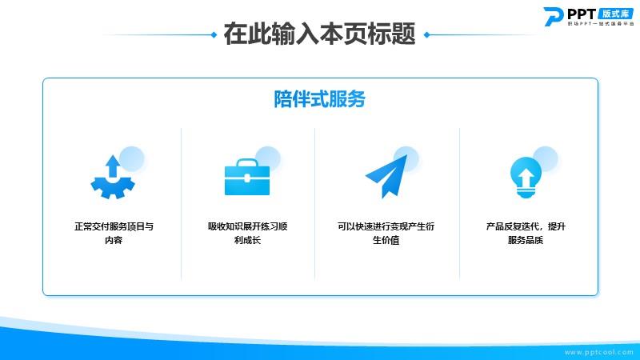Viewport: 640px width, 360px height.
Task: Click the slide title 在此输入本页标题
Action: click(319, 34)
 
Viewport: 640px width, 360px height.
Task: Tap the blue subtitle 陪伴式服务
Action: click(319, 99)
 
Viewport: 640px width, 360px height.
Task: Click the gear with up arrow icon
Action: click(113, 177)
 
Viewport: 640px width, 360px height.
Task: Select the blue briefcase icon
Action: click(247, 177)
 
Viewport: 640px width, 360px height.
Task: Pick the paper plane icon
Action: click(386, 176)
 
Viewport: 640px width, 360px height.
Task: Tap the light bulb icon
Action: click(526, 178)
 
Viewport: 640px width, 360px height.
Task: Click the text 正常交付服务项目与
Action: click(114, 226)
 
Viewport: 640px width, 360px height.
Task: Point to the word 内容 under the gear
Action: click(114, 240)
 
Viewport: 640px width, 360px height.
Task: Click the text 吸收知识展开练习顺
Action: click(248, 226)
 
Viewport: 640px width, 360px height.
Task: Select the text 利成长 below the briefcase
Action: click(247, 240)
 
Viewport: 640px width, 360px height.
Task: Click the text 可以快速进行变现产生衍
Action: click(386, 226)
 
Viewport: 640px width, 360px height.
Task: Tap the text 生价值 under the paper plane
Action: click(386, 240)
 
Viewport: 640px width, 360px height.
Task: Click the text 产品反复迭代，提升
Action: click(526, 226)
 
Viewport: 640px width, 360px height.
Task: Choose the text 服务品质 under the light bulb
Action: click(526, 240)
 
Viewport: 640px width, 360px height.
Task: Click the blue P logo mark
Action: click(554, 17)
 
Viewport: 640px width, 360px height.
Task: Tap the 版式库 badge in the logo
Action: click(615, 14)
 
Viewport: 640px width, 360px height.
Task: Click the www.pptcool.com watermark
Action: click(598, 352)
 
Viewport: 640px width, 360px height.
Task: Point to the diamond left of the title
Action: click(214, 34)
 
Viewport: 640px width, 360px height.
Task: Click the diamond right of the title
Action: click(427, 34)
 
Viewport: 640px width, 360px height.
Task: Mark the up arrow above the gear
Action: click(113, 166)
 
